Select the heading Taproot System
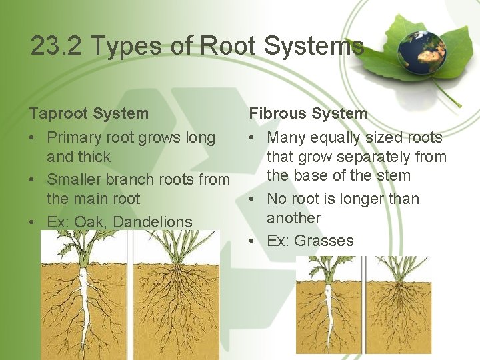coord(89,113)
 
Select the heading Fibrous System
coord(308,113)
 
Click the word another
coord(293,218)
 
